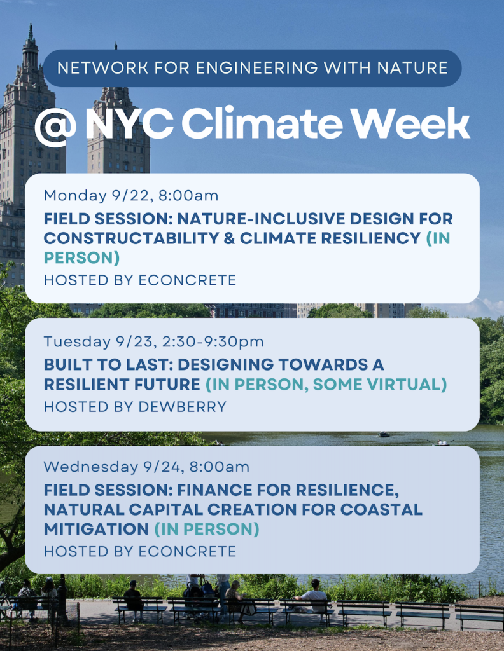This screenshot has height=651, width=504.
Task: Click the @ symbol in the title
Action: click(x=55, y=126)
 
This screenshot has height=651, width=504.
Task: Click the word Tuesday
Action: click(x=77, y=341)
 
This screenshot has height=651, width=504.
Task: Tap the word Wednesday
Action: click(x=91, y=467)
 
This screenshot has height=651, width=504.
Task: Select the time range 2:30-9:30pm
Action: click(x=213, y=341)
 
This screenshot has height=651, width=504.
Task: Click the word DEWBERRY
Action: click(x=183, y=407)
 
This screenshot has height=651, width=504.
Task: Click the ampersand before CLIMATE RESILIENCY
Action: click(x=229, y=238)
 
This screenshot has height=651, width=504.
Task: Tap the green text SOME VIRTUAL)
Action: click(x=380, y=385)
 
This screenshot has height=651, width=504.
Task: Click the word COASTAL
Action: click(x=381, y=509)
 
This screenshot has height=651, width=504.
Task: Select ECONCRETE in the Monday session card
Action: click(x=187, y=280)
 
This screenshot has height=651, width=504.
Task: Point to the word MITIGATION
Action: click(x=96, y=529)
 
